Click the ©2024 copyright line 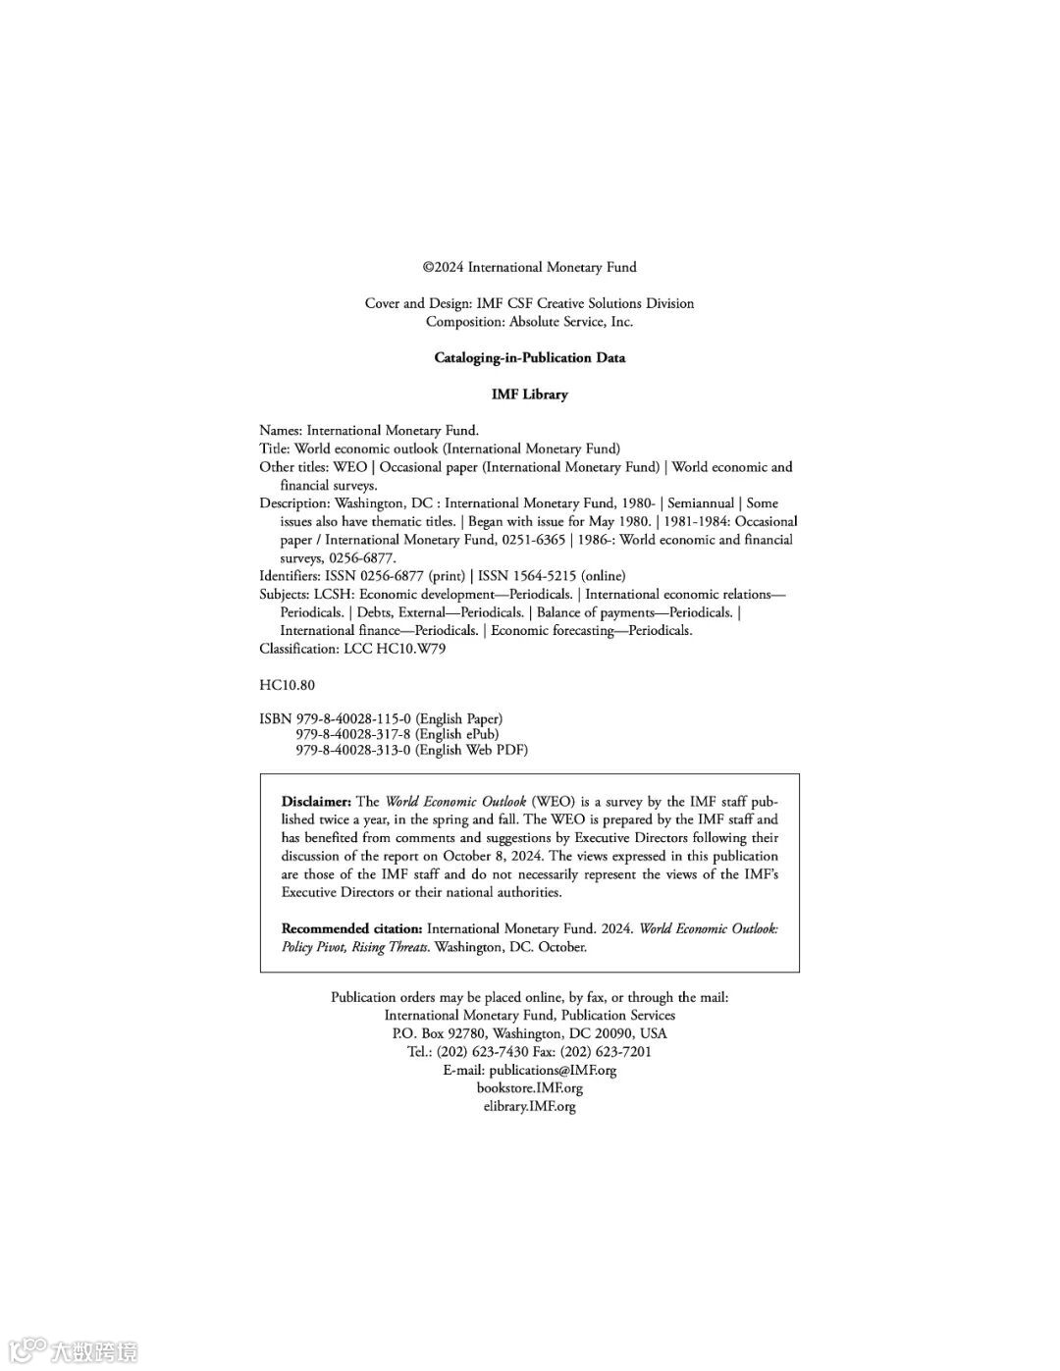click(x=529, y=267)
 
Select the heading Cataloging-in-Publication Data click(x=529, y=358)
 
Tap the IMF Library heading click(x=529, y=395)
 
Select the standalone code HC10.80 click(x=287, y=685)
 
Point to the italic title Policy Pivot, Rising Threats click(x=354, y=947)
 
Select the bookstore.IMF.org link click(x=529, y=1088)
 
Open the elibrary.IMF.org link click(x=529, y=1107)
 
